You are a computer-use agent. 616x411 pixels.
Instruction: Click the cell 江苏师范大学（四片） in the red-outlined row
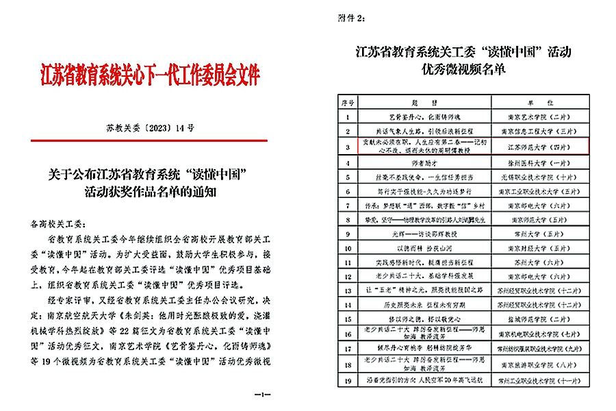pos(534,147)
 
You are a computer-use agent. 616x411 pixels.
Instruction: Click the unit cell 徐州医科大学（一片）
pos(534,164)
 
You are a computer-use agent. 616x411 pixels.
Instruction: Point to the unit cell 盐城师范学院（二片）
pos(534,319)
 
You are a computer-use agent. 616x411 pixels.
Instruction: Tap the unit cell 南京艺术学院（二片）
pos(534,116)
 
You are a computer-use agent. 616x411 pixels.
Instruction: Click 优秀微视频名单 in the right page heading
pos(463,70)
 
